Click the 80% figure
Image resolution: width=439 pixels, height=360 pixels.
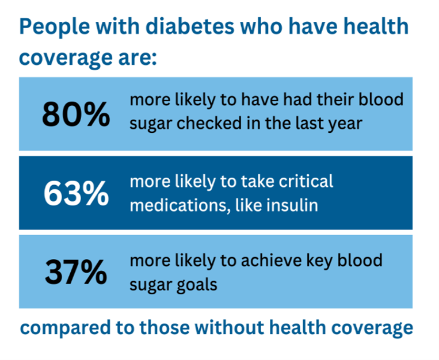point(75,115)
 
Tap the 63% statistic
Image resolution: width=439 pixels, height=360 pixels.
point(75,194)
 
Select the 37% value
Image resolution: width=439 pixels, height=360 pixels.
point(75,273)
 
